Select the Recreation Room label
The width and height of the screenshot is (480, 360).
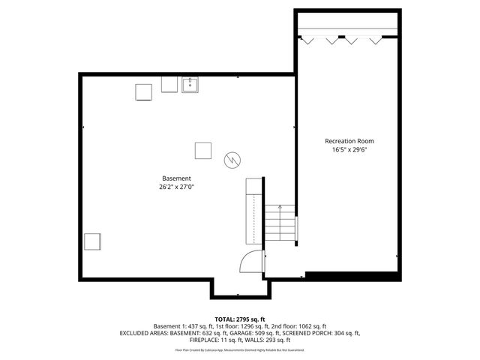pos(349,141)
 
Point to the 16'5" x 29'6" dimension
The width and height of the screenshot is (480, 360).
pos(349,149)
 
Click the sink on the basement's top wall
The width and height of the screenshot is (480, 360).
pos(190,85)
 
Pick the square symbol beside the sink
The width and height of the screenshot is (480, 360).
pos(143,91)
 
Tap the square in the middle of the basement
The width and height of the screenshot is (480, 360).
pos(203,150)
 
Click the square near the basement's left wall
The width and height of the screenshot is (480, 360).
pos(92,242)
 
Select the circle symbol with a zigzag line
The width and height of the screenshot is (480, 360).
pos(232,159)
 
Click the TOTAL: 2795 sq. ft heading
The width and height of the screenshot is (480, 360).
pos(240,319)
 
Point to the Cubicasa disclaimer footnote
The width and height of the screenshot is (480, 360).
pos(240,349)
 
